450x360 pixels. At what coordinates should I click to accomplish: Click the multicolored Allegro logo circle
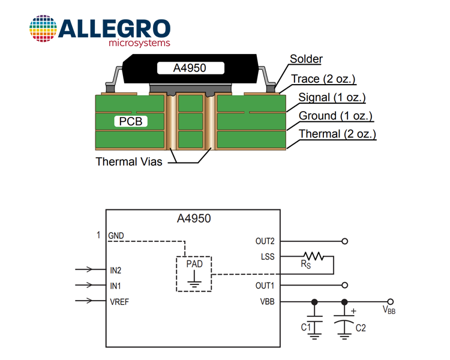point(43,28)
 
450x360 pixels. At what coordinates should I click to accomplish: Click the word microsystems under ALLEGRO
point(139,43)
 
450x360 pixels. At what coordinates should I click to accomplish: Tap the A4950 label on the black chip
point(190,68)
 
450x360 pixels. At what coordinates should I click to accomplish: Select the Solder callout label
point(306,59)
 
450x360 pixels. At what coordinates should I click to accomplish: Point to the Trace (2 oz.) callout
point(323,79)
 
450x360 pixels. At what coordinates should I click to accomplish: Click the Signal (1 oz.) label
point(332,97)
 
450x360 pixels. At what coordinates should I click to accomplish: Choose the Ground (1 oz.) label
point(335,116)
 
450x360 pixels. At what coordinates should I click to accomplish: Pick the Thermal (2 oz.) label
point(337,134)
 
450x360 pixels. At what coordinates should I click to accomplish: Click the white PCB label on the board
point(131,121)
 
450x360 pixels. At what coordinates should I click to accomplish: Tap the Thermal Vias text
point(129,161)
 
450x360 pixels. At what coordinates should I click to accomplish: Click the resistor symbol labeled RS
point(314,256)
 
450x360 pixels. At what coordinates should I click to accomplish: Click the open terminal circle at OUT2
point(345,241)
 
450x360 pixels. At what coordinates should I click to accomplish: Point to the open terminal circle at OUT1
point(345,285)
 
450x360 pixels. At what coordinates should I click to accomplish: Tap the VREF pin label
point(119,302)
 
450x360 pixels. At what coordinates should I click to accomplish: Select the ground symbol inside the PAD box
point(194,280)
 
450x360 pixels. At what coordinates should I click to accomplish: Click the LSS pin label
point(268,256)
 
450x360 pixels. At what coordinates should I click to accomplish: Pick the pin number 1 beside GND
point(98,235)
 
